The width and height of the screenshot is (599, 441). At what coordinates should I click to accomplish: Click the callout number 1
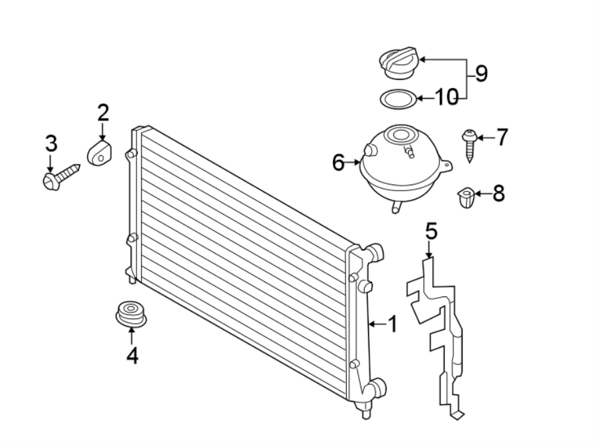[x=392, y=324]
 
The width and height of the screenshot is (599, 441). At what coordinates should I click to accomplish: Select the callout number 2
[x=102, y=113]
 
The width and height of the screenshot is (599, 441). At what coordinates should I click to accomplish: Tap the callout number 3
[x=51, y=143]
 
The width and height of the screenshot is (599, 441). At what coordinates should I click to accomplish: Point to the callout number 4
[x=132, y=356]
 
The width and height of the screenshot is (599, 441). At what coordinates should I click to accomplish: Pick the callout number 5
[x=431, y=232]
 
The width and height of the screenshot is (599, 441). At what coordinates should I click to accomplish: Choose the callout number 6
[x=338, y=162]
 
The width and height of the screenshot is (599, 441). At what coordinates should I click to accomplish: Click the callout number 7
[x=501, y=137]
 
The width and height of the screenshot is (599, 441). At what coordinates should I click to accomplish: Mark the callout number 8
[x=499, y=194]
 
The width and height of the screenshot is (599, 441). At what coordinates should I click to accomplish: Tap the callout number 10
[x=447, y=98]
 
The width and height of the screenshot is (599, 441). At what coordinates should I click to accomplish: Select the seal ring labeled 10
[x=398, y=99]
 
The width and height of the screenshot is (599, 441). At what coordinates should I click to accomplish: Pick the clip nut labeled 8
[x=467, y=198]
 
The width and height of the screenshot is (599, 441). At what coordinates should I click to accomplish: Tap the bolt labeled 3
[x=60, y=177]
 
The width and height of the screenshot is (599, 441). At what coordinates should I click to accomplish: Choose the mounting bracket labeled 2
[x=99, y=151]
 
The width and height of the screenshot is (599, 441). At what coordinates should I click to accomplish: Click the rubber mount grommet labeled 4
[x=129, y=314]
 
